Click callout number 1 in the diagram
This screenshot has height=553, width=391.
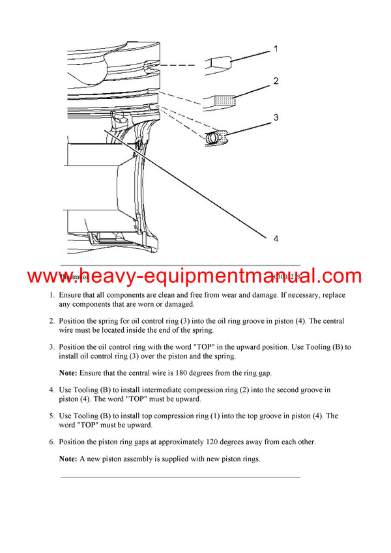point(275,49)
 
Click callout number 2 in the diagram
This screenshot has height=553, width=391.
point(276,81)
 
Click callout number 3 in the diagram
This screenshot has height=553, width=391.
point(276,118)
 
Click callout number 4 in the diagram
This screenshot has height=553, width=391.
point(276,239)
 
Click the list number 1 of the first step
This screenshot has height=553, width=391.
point(51,295)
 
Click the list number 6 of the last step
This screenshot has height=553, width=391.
point(51,442)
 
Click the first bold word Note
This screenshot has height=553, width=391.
point(68,373)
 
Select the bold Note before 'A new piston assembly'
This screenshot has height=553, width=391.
point(68,459)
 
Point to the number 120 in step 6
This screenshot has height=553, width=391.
point(214,442)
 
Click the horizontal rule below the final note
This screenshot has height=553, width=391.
point(181,477)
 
